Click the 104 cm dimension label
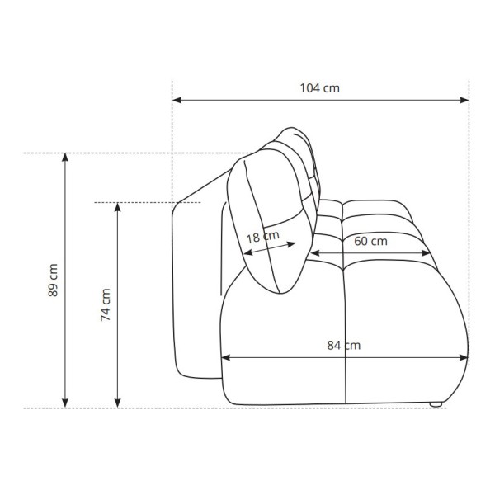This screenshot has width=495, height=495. pos(319,88)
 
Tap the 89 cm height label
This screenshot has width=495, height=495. pos(53,280)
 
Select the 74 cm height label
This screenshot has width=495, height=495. pos(106,304)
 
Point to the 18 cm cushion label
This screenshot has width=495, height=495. pos(262,237)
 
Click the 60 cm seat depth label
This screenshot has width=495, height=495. pos(370,241)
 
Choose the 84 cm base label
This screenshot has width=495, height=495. pos(343,346)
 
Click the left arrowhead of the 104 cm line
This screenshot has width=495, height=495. pos(177,101)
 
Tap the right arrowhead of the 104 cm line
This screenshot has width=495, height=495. pos(464,101)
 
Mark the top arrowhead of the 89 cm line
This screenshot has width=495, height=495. pos(65,158)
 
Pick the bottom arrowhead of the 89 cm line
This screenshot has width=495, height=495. pos(65,403)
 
